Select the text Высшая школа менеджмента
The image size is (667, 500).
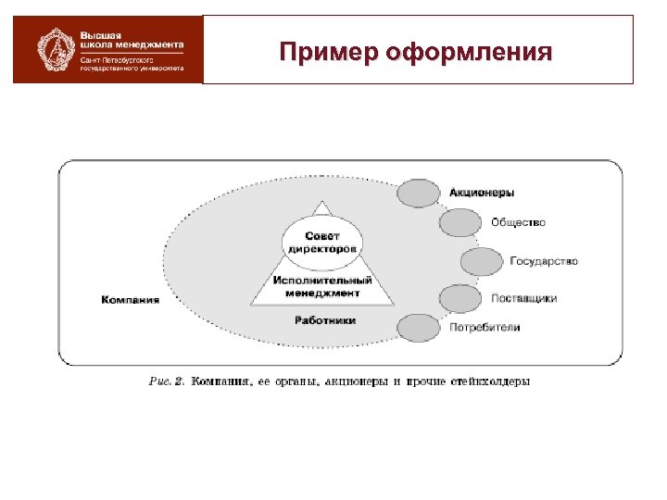[x=131, y=41]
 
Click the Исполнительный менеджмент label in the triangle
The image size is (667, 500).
[x=321, y=287]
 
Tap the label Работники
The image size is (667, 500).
[x=324, y=320]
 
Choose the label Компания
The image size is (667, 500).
[x=130, y=300]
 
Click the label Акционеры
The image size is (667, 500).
[x=482, y=193]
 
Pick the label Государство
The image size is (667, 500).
[x=543, y=261]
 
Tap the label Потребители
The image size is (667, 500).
[x=485, y=327]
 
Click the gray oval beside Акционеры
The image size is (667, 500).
[x=418, y=193]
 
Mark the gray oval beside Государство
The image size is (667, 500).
[x=481, y=262]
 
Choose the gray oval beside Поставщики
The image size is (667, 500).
[x=459, y=298]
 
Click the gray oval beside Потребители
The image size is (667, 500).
[x=419, y=328]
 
